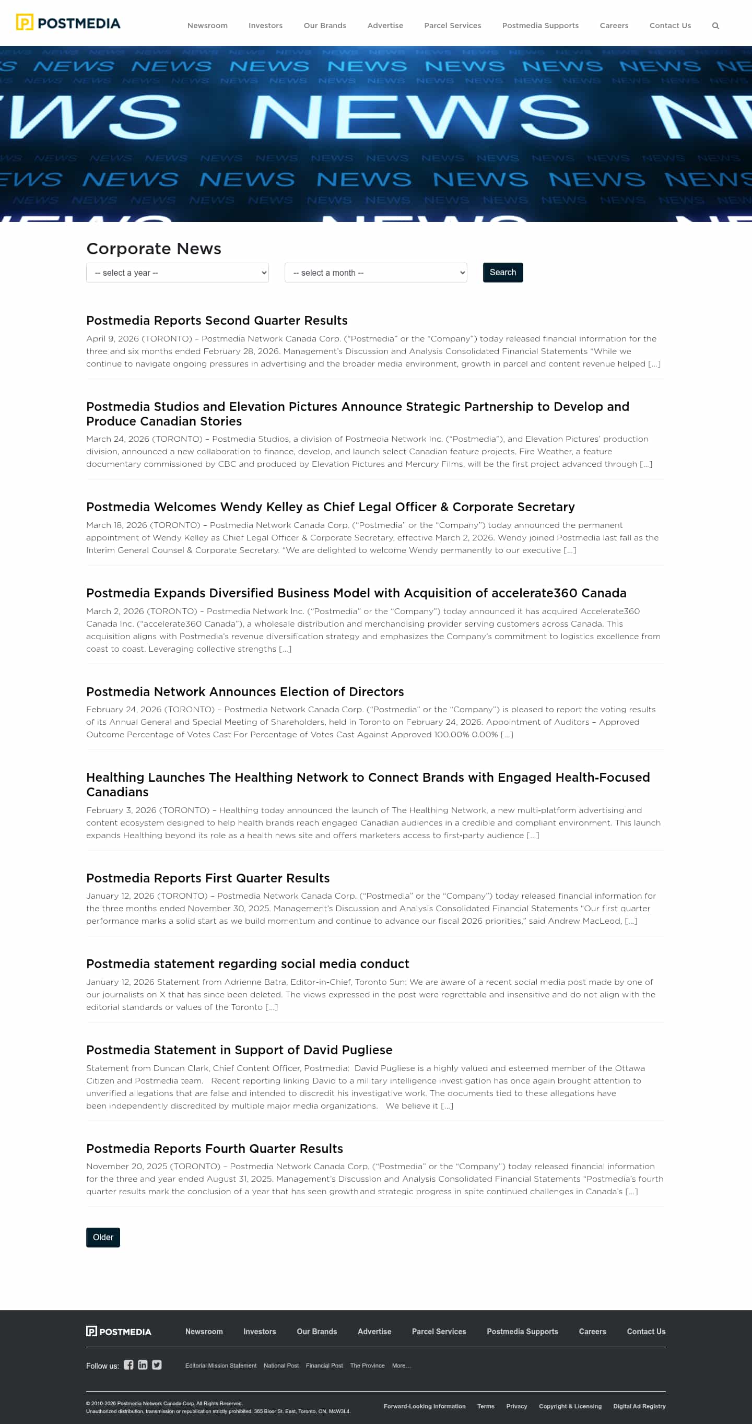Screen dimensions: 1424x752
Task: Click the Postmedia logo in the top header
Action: pos(68,23)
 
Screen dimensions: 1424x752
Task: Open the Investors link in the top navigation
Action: pos(265,26)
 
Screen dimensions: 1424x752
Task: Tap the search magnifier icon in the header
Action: pos(715,26)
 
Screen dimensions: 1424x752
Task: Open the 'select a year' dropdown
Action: pos(177,273)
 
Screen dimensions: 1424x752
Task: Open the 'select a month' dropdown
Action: pos(375,273)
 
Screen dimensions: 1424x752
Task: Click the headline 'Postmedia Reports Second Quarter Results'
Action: pos(217,321)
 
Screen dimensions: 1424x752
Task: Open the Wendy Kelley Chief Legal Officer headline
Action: pos(330,507)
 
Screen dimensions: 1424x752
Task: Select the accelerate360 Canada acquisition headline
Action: pos(356,593)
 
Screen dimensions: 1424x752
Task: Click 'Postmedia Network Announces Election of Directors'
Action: pos(245,691)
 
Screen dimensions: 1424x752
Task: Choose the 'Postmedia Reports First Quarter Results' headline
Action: pos(208,878)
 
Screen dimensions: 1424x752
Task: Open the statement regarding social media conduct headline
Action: pos(248,963)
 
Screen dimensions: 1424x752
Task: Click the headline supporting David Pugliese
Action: pos(239,1050)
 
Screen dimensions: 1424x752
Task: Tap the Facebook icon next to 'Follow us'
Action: pos(128,1365)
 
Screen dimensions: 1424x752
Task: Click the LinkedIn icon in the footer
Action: pos(143,1365)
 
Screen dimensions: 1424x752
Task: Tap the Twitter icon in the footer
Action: pos(157,1365)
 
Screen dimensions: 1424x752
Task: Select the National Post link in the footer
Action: pos(281,1366)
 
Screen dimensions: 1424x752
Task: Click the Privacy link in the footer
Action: pos(516,1406)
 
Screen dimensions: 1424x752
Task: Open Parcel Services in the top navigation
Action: pos(452,26)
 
